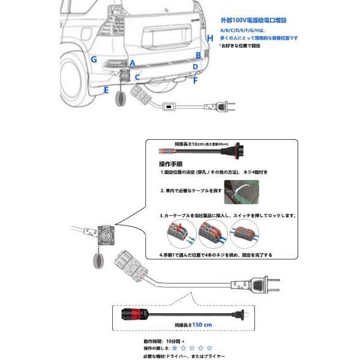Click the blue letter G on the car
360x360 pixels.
(x=94, y=59)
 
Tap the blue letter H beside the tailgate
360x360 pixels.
(x=209, y=38)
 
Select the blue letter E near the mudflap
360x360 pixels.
(x=106, y=89)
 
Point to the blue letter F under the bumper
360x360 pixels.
(x=195, y=79)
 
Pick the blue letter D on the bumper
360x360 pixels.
(x=196, y=67)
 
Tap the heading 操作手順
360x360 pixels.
(x=171, y=163)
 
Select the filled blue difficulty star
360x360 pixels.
(x=175, y=347)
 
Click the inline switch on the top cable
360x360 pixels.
(x=169, y=106)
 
